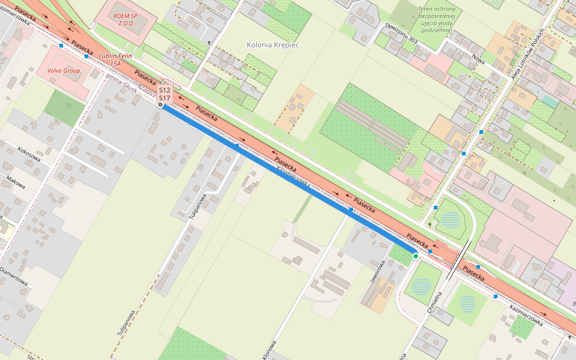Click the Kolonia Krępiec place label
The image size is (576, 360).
(x=272, y=45)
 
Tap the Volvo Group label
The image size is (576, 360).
(x=62, y=71)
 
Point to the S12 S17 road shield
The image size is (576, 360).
(x=165, y=94)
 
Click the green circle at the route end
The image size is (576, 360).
(x=415, y=256)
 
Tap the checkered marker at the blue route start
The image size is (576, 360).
(x=161, y=104)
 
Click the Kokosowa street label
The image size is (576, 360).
(x=29, y=154)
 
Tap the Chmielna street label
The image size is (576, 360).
(x=434, y=306)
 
